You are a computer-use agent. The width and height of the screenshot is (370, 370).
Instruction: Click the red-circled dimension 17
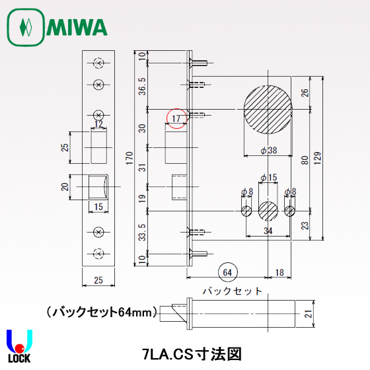point(176,118)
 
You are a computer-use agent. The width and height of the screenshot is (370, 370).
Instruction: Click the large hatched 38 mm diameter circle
point(268,110)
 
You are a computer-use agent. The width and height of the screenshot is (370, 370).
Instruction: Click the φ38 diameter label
point(269,151)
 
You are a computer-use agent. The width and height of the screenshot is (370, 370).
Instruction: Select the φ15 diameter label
point(268,178)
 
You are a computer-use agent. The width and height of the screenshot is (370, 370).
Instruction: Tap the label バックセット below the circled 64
point(232,291)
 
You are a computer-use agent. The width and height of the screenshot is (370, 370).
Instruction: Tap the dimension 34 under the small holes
point(268,231)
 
